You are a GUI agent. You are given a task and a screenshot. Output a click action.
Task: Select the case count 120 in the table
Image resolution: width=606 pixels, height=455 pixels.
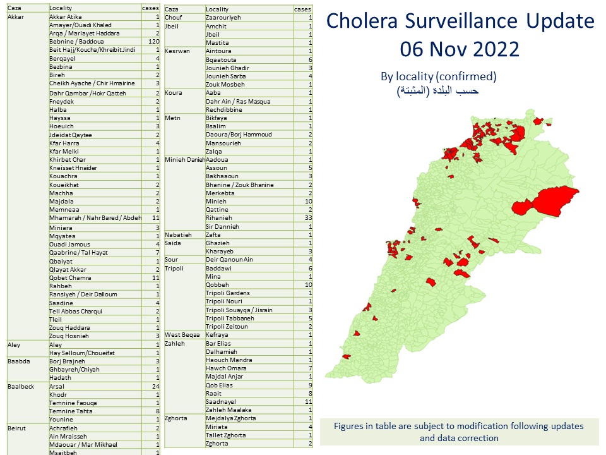(152, 41)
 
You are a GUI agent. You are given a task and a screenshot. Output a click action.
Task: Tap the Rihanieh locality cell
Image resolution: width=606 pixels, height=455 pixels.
(220, 218)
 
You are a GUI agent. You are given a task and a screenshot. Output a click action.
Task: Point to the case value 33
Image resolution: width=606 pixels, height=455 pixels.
(307, 218)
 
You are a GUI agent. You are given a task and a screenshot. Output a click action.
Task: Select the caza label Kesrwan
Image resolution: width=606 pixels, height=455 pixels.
(177, 51)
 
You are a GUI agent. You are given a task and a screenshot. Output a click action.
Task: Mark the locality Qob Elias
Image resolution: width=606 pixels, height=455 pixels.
(220, 385)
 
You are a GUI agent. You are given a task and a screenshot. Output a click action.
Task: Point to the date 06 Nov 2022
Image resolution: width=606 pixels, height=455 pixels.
(460, 48)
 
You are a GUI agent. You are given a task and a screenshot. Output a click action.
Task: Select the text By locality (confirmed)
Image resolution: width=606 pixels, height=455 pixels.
(438, 76)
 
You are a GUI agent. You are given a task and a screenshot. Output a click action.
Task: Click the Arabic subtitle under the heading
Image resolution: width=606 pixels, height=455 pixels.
(438, 90)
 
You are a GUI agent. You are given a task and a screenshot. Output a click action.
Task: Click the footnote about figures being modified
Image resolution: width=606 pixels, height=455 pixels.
(459, 432)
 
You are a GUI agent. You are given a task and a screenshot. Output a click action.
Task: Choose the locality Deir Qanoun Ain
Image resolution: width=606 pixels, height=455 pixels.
(229, 260)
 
